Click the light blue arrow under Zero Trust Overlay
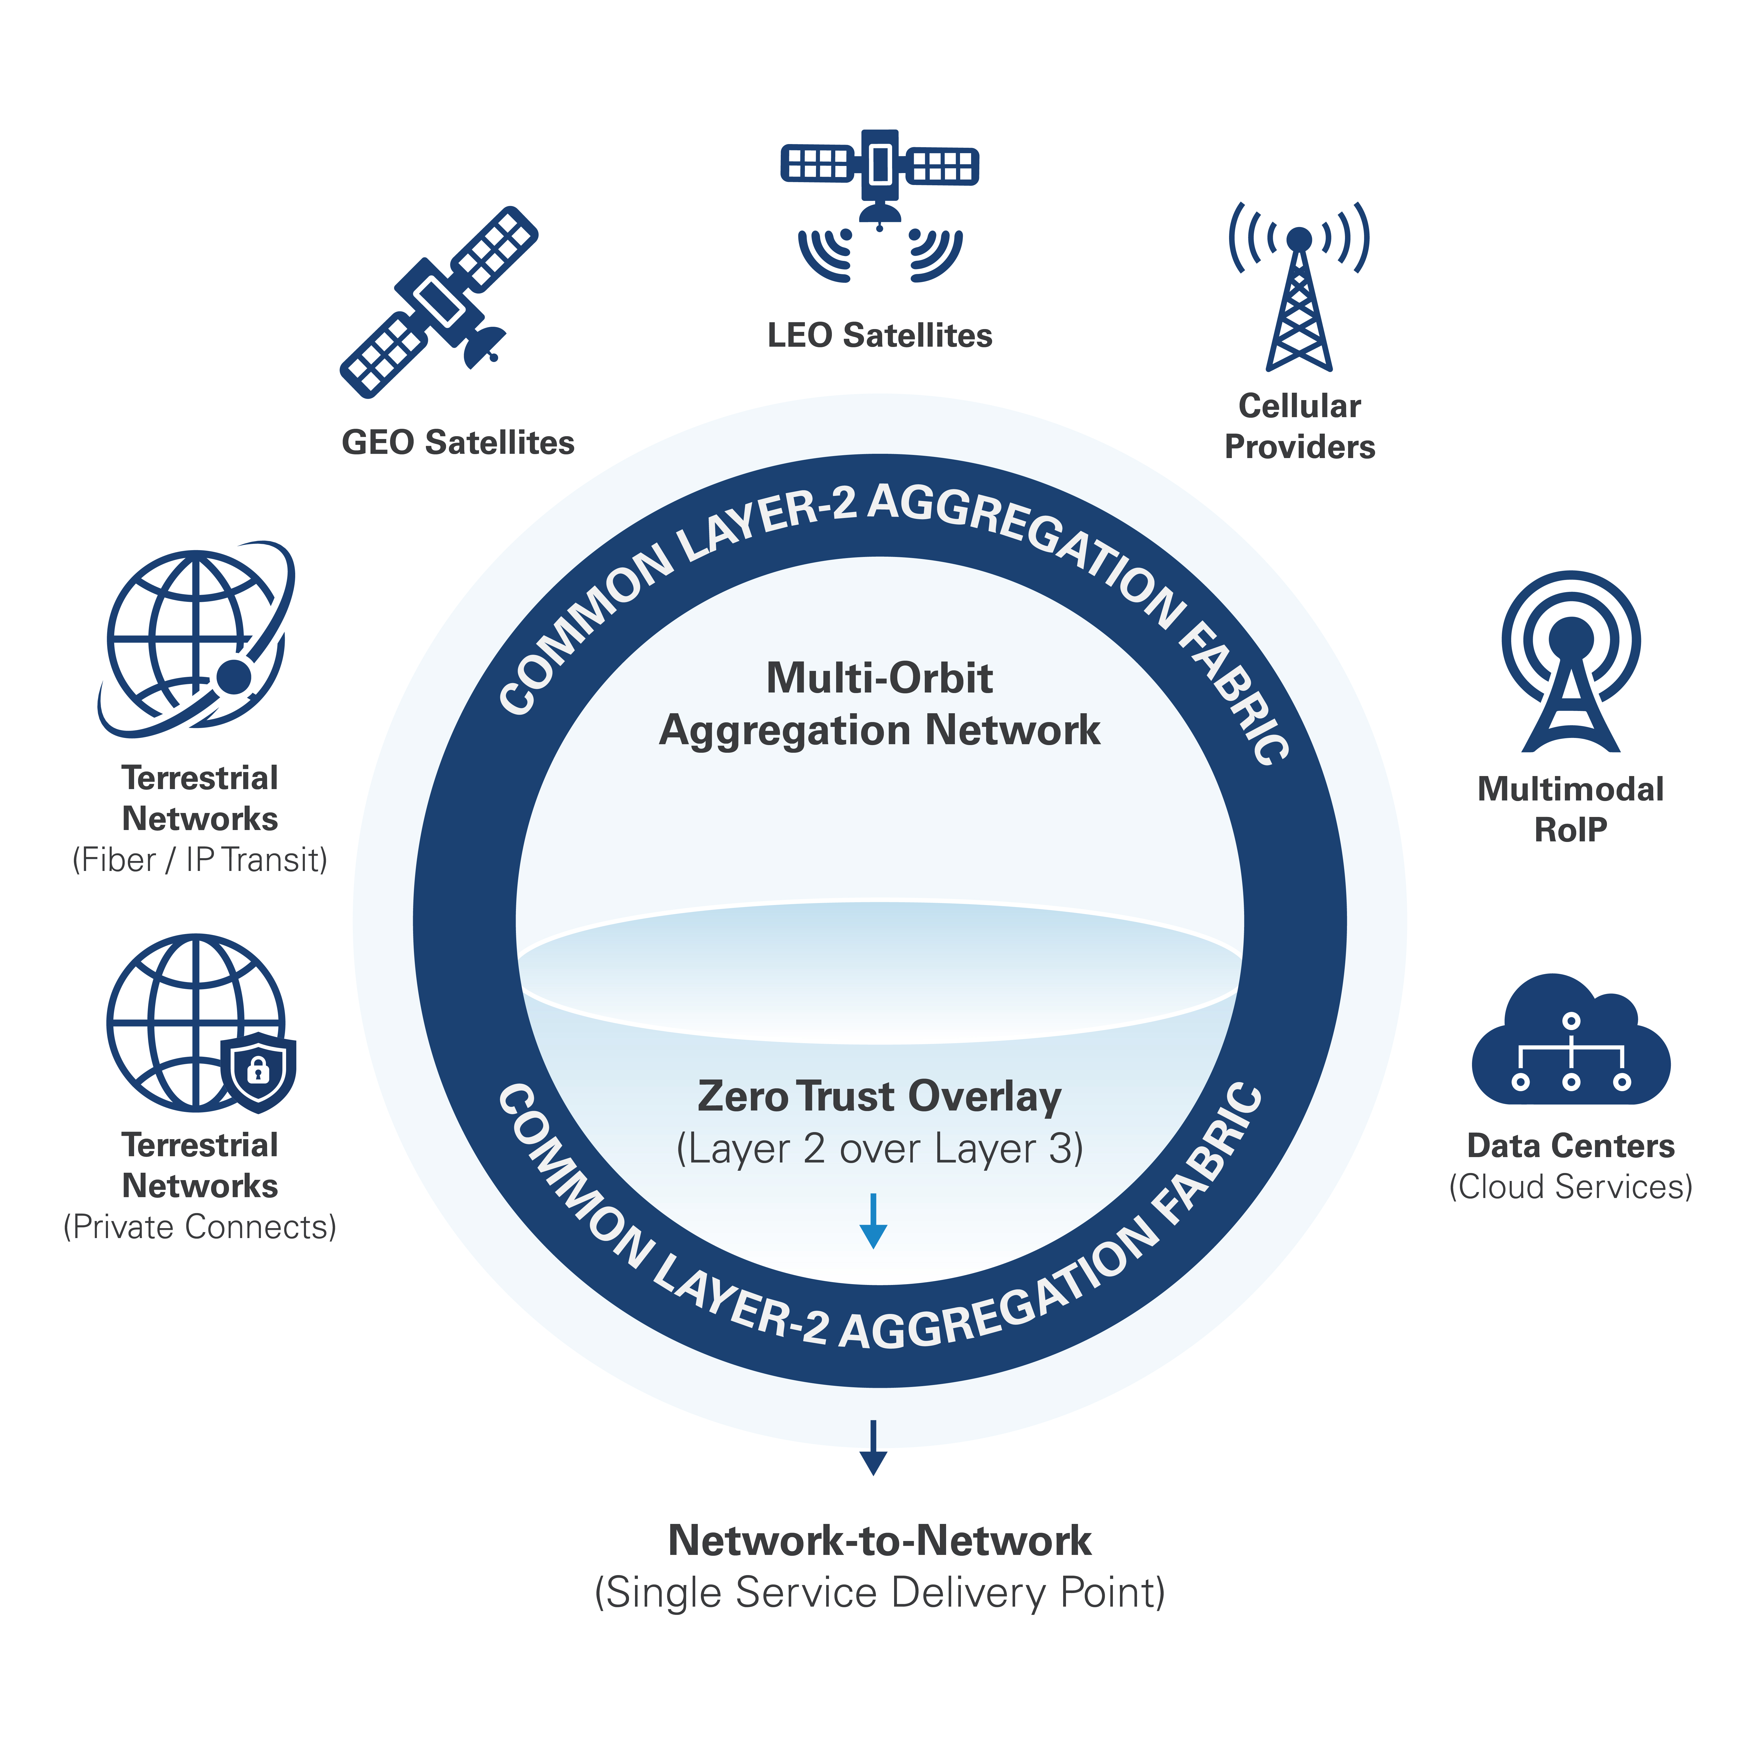click(873, 1221)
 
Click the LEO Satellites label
click(879, 336)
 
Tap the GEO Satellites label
click(457, 442)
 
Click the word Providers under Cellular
click(1300, 447)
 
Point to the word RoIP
click(1571, 829)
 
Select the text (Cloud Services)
click(1571, 1186)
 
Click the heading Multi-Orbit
click(879, 678)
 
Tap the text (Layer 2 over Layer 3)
click(879, 1148)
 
